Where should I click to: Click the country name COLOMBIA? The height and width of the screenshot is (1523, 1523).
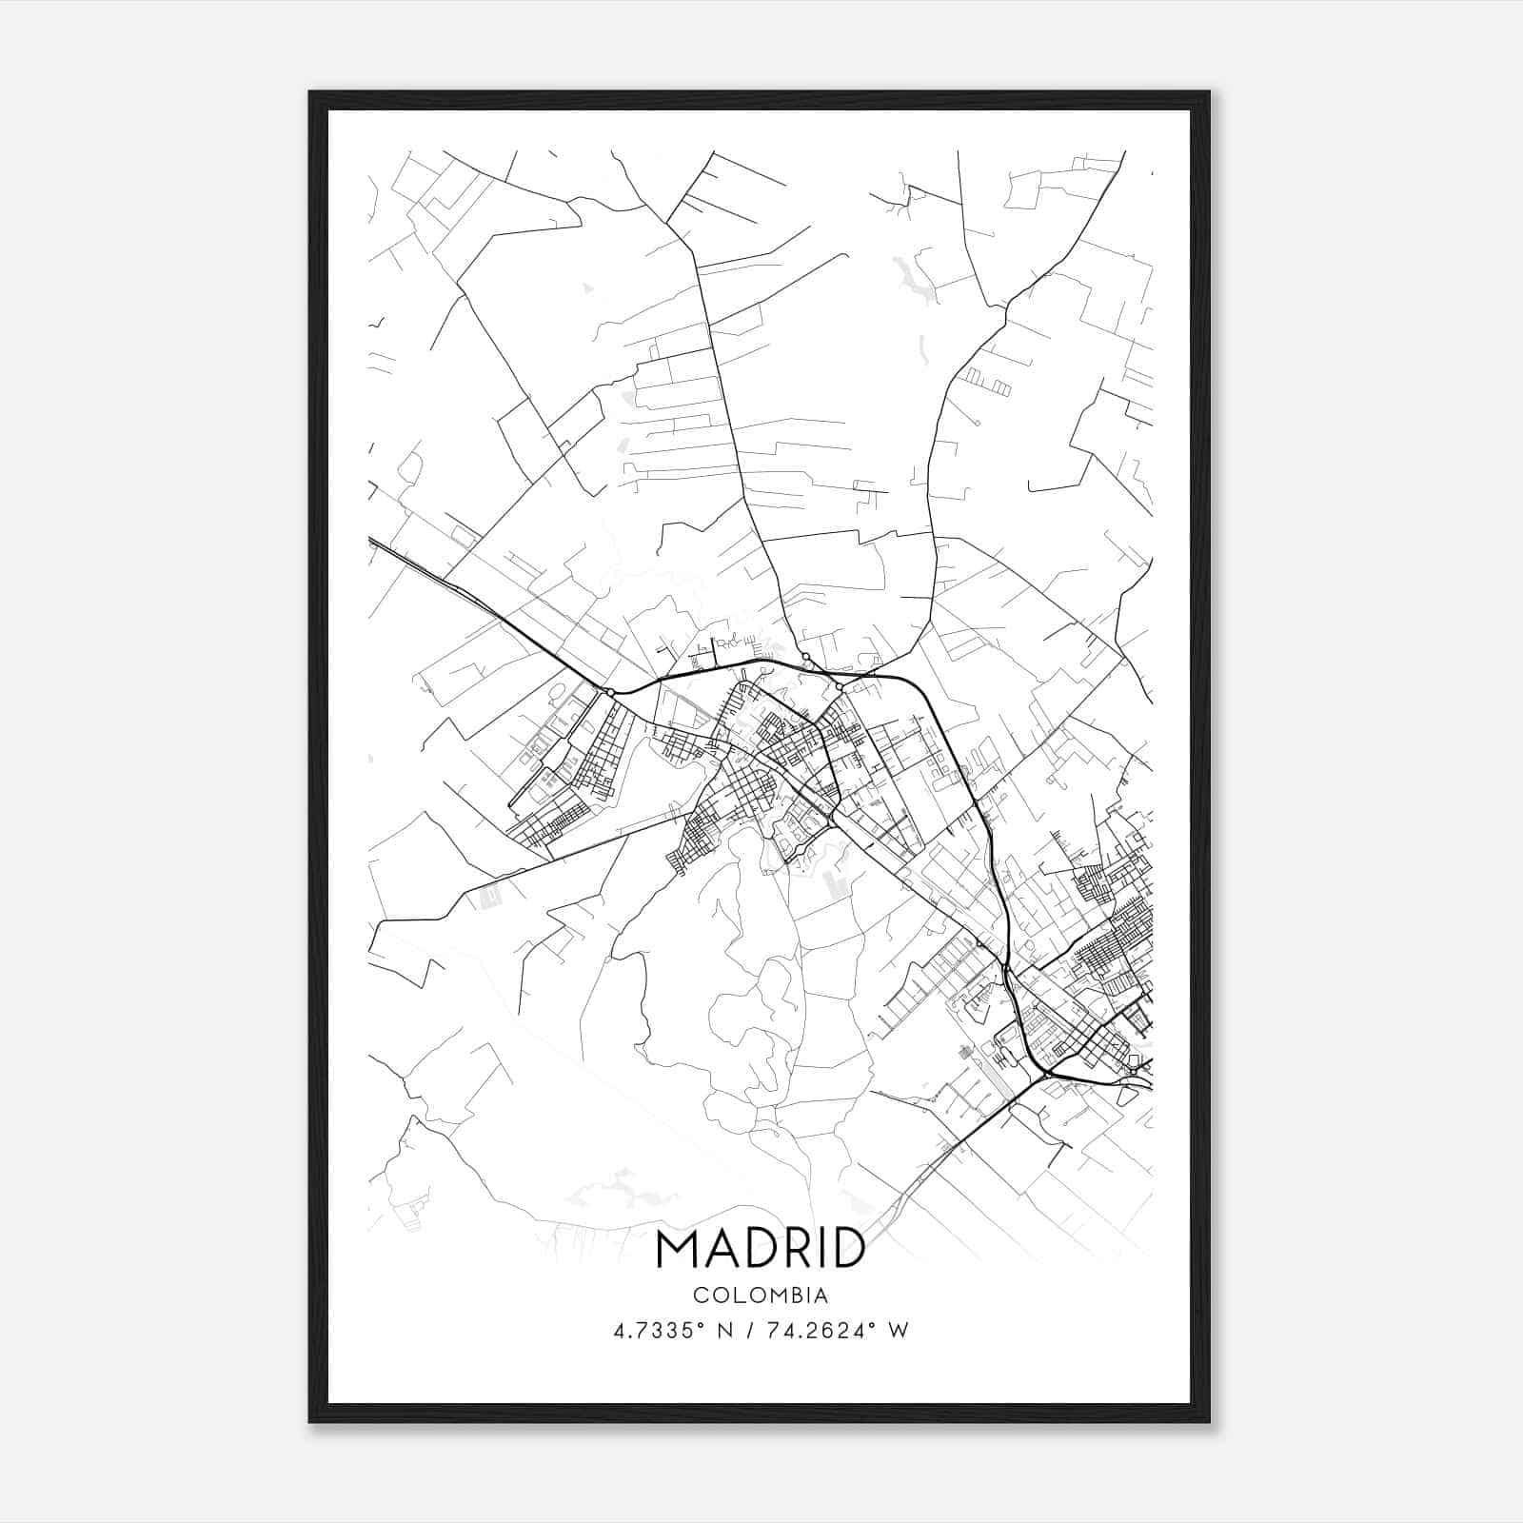[x=761, y=1296]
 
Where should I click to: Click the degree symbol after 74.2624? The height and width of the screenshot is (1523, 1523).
[x=870, y=1325]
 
